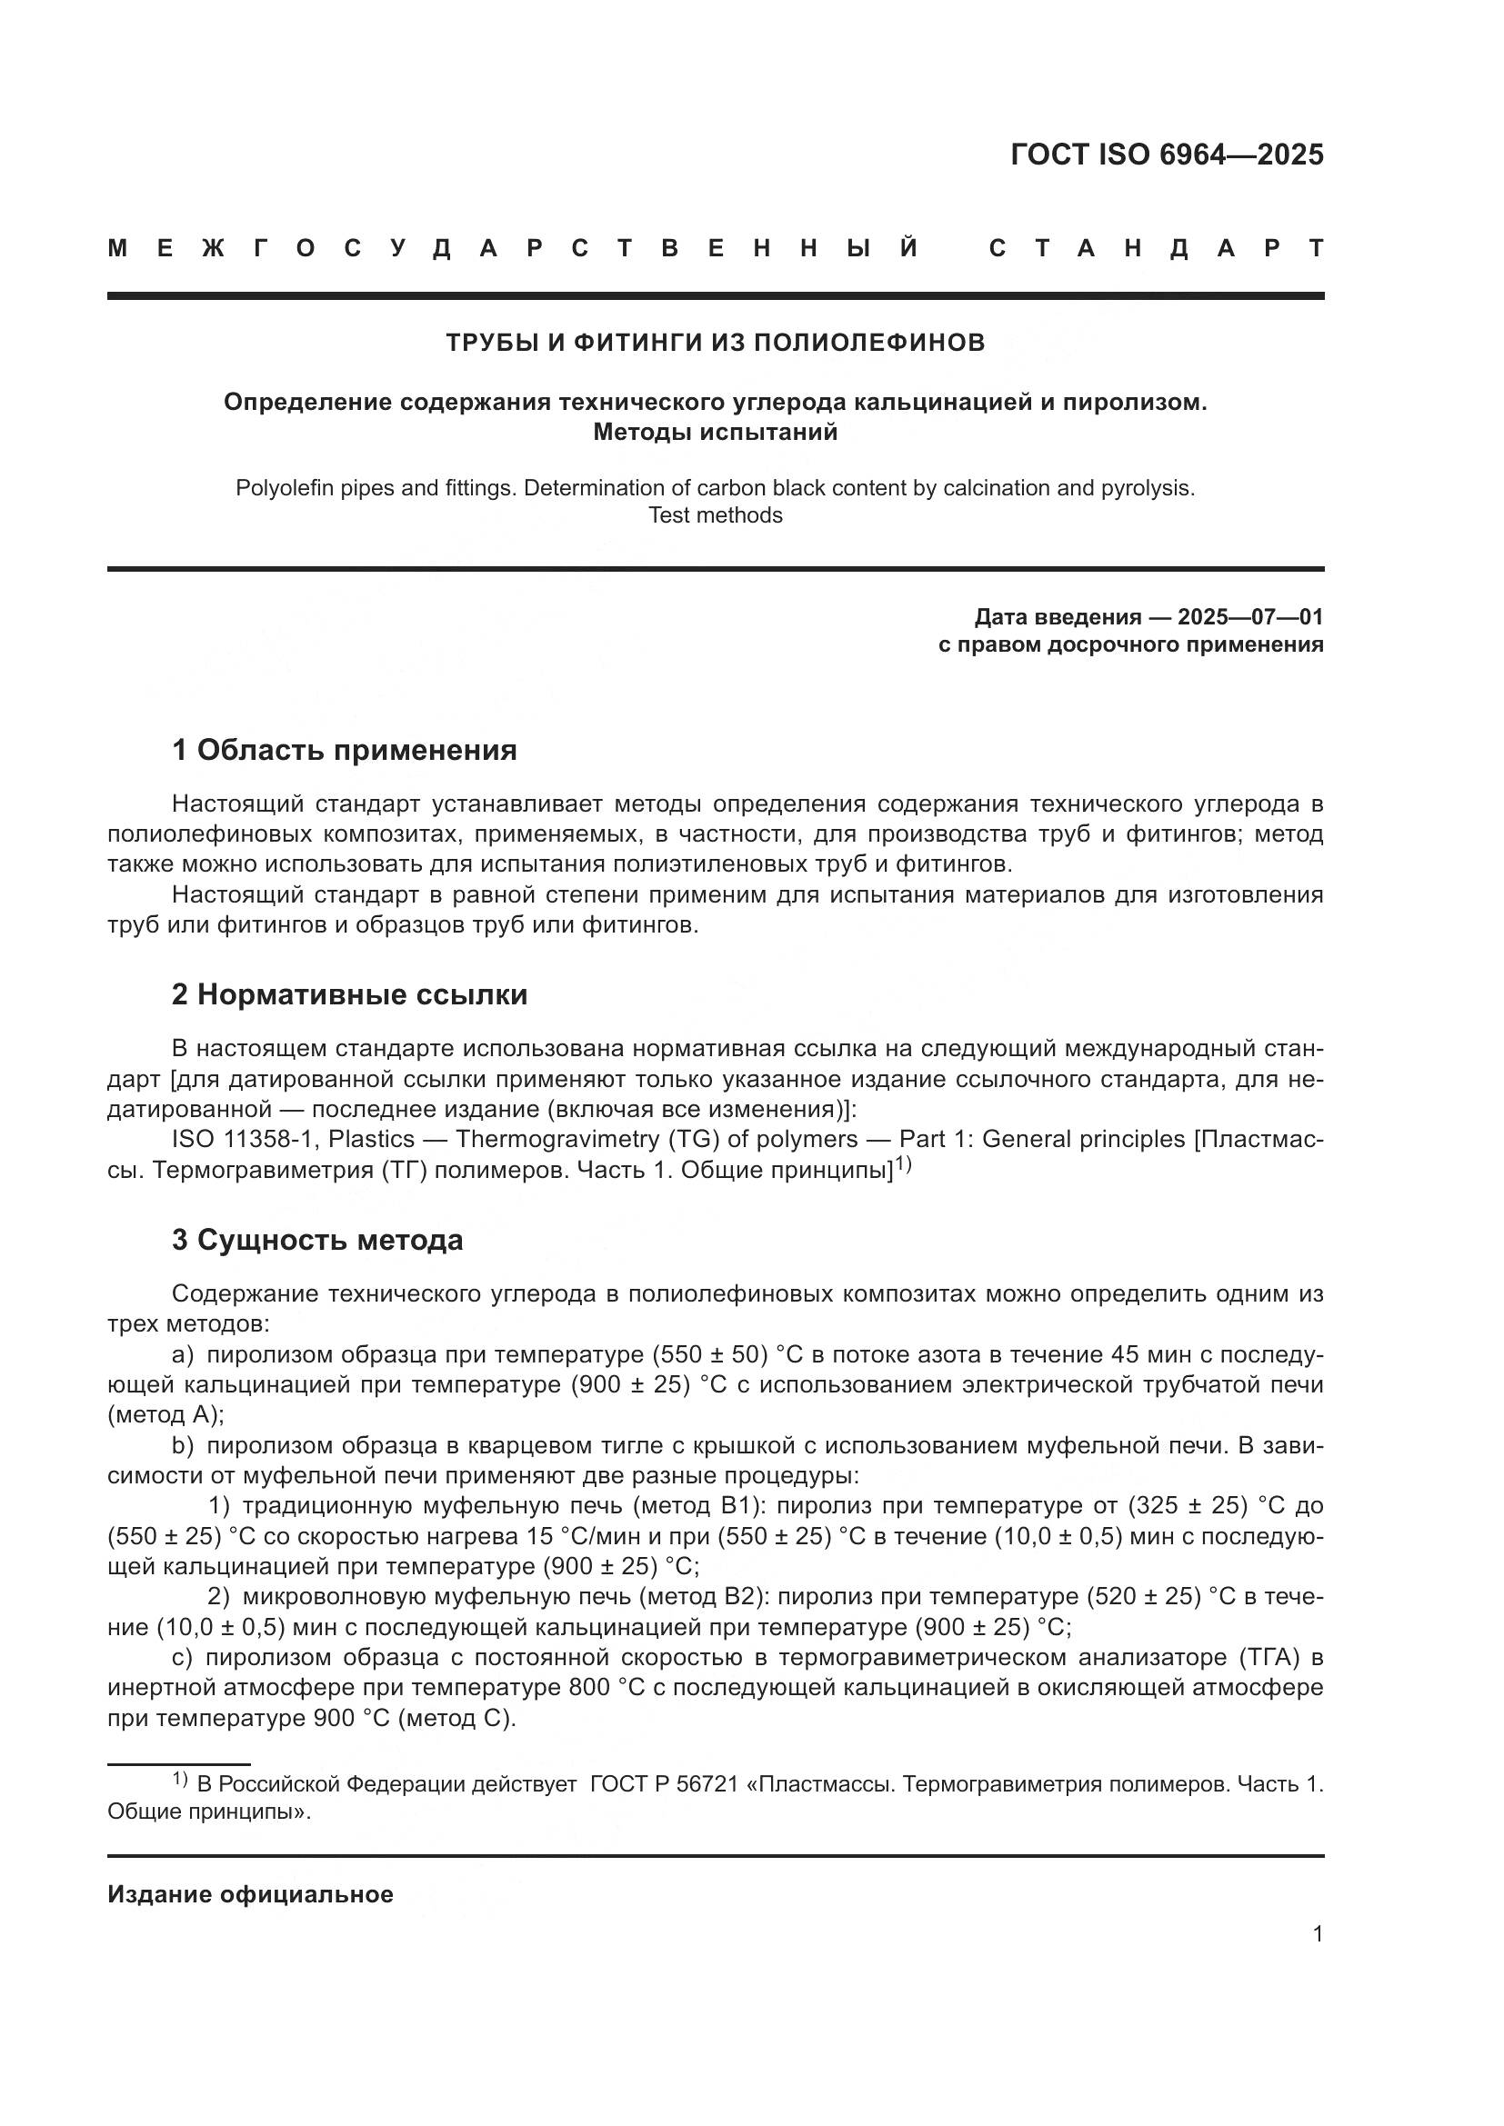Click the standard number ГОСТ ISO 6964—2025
tap(1166, 155)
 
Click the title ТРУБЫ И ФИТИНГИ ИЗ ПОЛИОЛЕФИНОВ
tap(715, 343)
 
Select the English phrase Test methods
tap(715, 514)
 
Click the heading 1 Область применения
tap(344, 749)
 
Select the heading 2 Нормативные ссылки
tap(349, 994)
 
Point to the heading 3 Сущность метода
tap(316, 1240)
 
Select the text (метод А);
tap(165, 1415)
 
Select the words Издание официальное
tap(250, 1895)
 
